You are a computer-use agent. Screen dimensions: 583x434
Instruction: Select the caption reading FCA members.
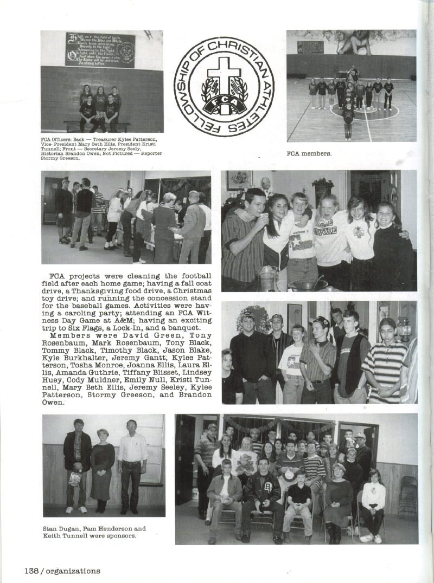click(x=309, y=153)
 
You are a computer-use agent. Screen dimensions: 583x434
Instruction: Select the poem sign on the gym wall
click(x=100, y=50)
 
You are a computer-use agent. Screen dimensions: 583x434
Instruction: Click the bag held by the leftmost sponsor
click(x=75, y=478)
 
